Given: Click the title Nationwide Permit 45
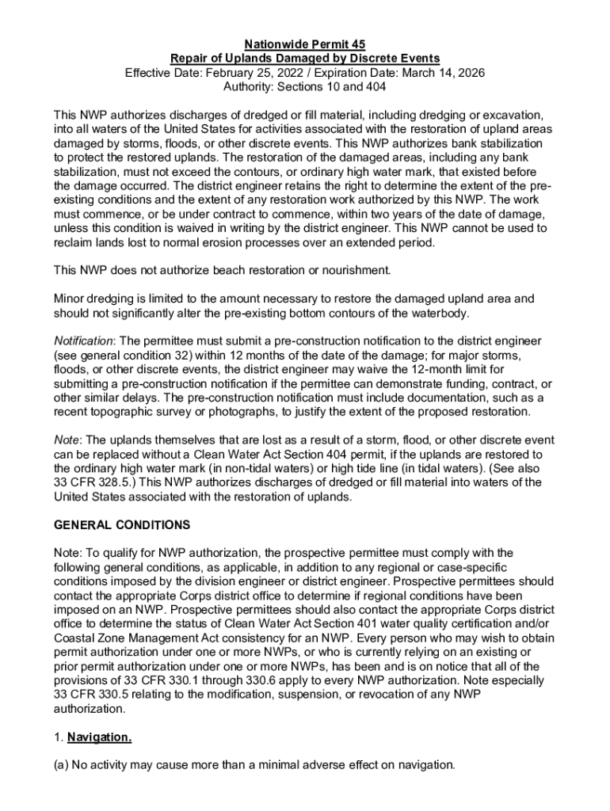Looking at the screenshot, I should coord(305,44).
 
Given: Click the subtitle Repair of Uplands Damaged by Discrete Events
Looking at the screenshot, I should coord(305,59).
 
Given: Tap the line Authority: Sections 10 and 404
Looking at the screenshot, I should coord(305,87).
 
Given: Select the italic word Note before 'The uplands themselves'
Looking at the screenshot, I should coord(66,440).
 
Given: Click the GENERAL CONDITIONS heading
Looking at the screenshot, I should coord(121,525).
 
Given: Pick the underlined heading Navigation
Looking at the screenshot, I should coord(99,738).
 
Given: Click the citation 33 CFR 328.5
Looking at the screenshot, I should coord(96,483).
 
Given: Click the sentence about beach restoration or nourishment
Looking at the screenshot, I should coord(223,270).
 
